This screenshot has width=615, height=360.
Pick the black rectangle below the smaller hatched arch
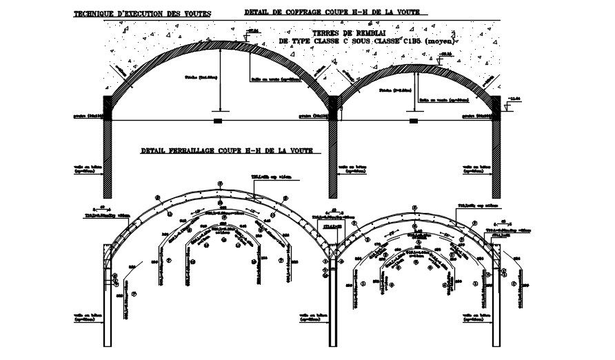414,121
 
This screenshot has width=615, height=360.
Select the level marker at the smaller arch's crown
446,54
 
